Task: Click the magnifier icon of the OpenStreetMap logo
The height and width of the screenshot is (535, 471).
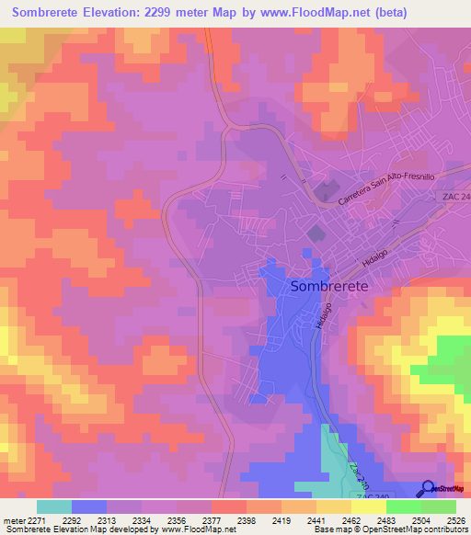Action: click(429, 489)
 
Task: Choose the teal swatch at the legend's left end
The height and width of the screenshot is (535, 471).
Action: click(53, 506)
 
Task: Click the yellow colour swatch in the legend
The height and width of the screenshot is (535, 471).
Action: click(369, 506)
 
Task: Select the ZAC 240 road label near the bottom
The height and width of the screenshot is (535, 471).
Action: click(358, 472)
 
